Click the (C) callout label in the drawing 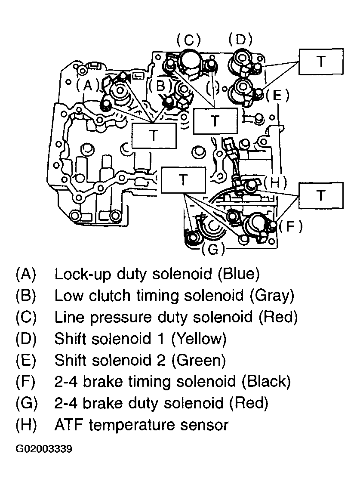click(188, 40)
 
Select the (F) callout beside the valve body click(290, 226)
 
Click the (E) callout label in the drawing click(277, 95)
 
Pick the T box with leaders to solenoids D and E click(321, 61)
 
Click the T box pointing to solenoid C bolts click(215, 121)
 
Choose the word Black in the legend click(266, 381)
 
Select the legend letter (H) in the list click(26, 425)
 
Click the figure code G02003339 click(44, 449)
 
